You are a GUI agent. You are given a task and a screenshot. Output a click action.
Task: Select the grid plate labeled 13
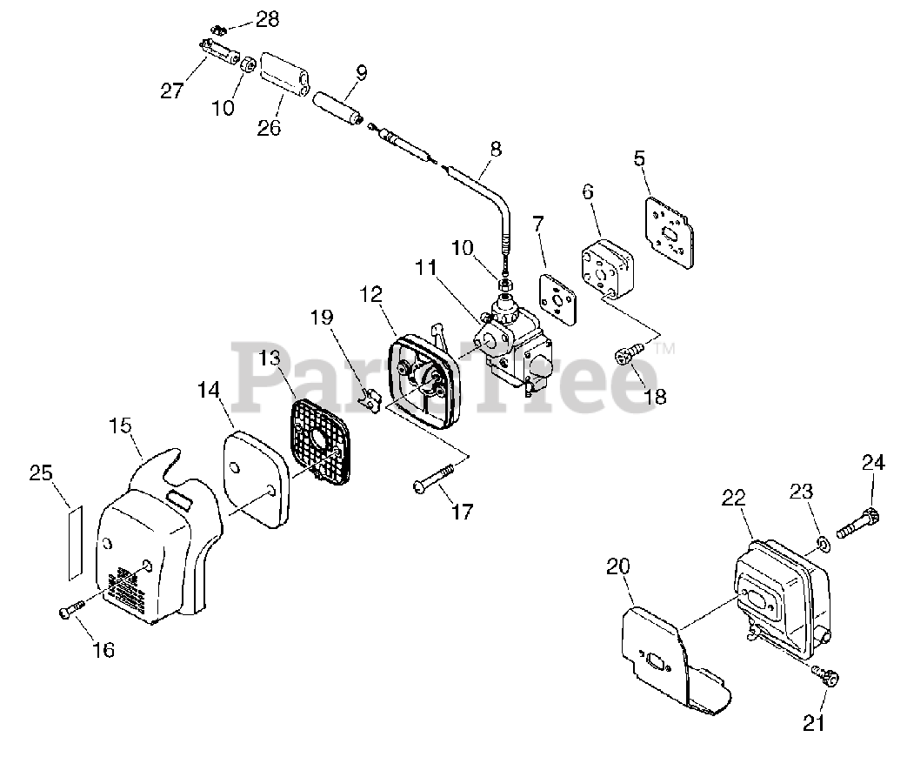click(323, 440)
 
